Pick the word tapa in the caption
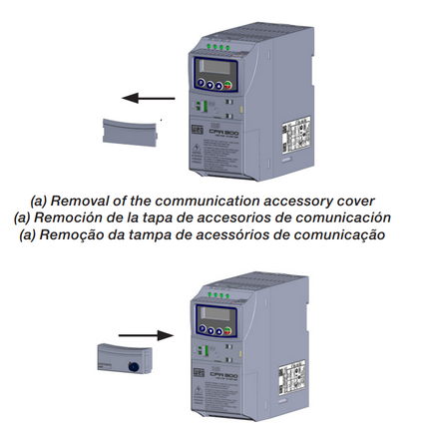(x=173, y=216)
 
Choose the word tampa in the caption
(x=181, y=234)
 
